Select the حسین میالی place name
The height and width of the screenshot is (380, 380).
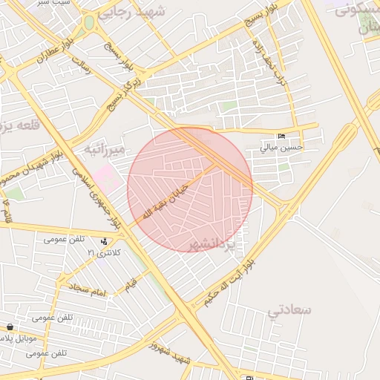(281, 148)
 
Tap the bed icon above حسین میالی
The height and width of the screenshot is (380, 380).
(280, 137)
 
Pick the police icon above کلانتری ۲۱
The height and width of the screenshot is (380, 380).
(104, 241)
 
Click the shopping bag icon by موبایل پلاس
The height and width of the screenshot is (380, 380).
(9, 327)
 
